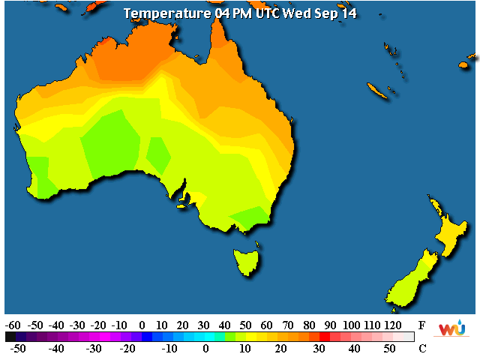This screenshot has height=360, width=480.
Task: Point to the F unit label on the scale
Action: (422, 325)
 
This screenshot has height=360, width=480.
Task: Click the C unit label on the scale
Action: (422, 348)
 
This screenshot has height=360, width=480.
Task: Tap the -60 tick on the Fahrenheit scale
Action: (13, 325)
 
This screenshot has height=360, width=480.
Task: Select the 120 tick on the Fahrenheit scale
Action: (392, 325)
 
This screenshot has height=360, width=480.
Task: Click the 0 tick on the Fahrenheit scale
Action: (142, 325)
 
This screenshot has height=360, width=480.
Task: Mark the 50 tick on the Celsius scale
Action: (388, 349)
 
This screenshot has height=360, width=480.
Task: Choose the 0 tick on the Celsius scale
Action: (205, 349)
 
